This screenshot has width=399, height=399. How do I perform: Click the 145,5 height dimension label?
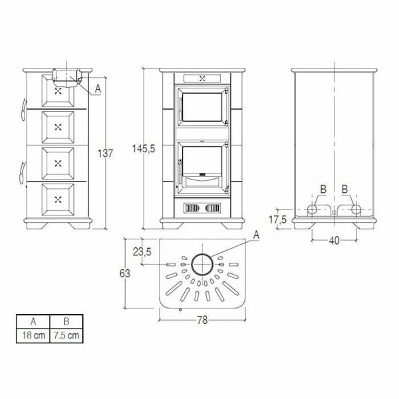click(144, 149)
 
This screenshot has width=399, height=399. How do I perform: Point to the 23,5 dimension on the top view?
click(143, 251)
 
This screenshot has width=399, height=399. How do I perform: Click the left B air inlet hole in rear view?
click(311, 209)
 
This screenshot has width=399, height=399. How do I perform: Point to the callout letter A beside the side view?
click(98, 87)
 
